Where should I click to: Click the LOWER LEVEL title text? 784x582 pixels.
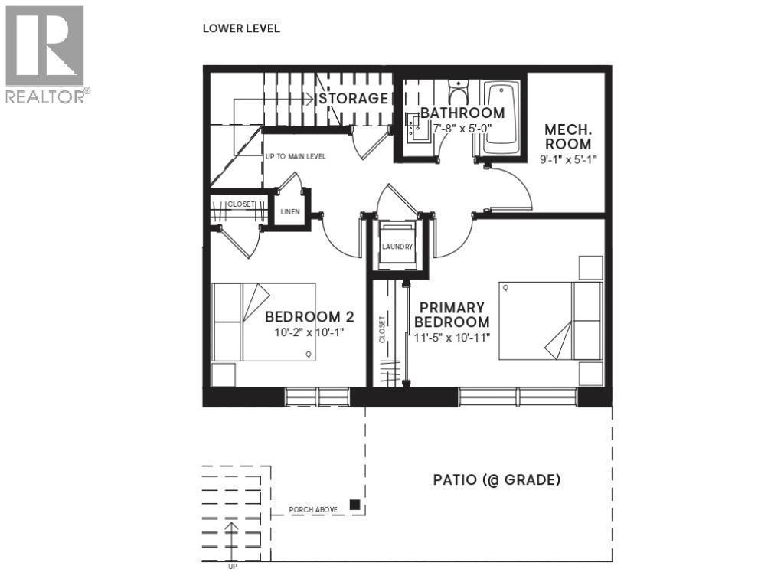(241, 28)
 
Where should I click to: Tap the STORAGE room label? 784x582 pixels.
(354, 98)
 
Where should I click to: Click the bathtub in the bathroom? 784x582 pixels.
(502, 117)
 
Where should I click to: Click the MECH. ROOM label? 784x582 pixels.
(567, 136)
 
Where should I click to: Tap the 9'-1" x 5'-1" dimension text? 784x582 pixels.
(567, 159)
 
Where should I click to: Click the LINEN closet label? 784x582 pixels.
(290, 212)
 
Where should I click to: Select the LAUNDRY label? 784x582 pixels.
(397, 247)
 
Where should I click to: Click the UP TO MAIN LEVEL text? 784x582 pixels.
(296, 156)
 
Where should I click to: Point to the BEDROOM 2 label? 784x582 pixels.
(302, 317)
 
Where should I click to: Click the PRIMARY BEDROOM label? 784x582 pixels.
(452, 314)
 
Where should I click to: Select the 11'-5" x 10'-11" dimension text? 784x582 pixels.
(452, 337)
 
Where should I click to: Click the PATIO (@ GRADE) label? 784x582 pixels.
(497, 480)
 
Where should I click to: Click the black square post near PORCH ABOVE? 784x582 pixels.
(355, 505)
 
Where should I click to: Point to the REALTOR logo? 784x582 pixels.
(46, 54)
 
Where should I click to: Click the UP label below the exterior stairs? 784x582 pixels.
(232, 567)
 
